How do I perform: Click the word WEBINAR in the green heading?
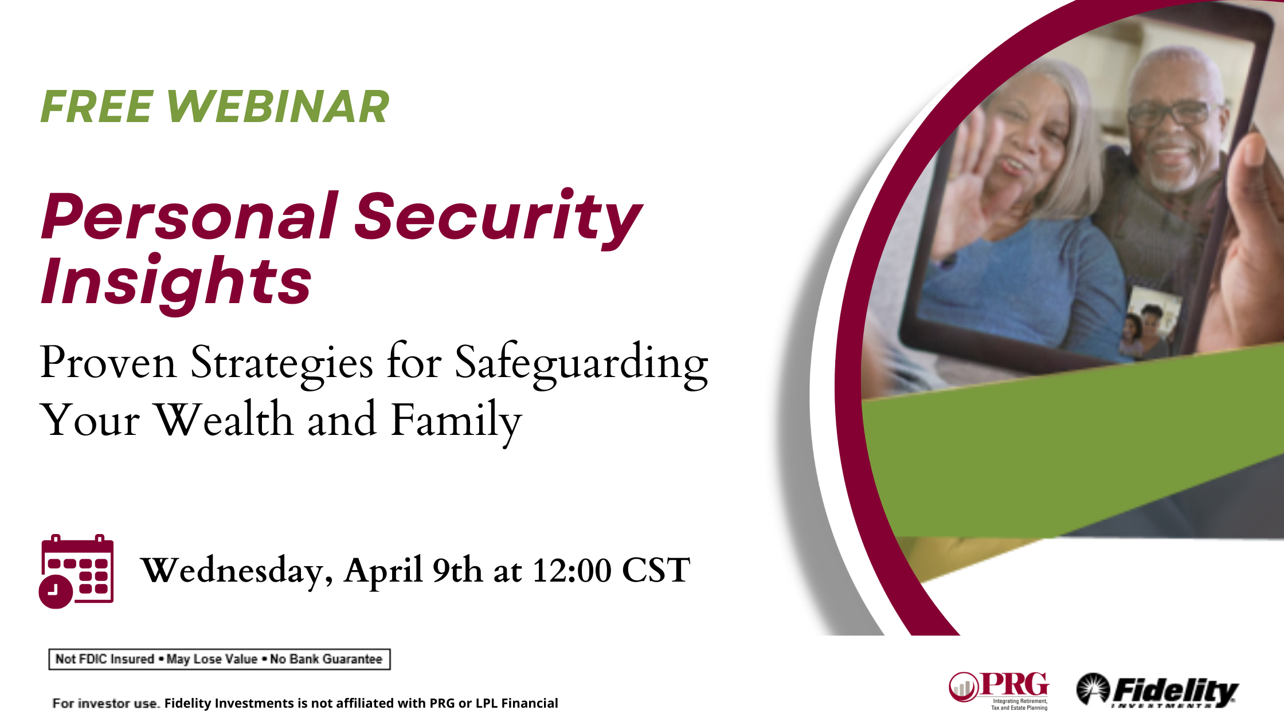[x=277, y=107]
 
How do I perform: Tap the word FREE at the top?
[x=96, y=107]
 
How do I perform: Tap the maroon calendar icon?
[x=76, y=571]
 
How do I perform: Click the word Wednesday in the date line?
[x=237, y=571]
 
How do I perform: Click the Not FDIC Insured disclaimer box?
[x=220, y=659]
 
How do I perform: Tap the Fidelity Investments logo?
[x=1157, y=690]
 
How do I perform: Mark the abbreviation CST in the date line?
[x=656, y=571]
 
